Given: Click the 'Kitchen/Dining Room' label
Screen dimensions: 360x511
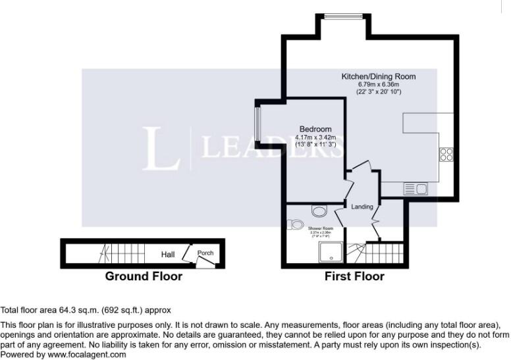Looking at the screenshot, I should pyautogui.click(x=378, y=76).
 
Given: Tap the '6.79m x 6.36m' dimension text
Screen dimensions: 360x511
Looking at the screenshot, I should pyautogui.click(x=378, y=84).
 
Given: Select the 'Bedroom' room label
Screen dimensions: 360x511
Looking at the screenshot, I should pyautogui.click(x=315, y=128).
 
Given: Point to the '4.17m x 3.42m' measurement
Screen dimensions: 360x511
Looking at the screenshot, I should pyautogui.click(x=315, y=136).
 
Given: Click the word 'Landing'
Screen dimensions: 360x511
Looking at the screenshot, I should pyautogui.click(x=362, y=207).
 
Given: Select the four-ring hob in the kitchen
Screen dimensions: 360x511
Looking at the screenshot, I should pyautogui.click(x=446, y=155).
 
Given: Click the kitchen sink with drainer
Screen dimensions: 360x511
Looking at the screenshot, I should pyautogui.click(x=416, y=190).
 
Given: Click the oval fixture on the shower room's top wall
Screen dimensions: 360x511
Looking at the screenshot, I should pyautogui.click(x=319, y=211).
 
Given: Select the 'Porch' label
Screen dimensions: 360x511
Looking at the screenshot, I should pyautogui.click(x=205, y=253).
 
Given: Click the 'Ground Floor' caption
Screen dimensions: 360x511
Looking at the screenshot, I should pyautogui.click(x=144, y=276).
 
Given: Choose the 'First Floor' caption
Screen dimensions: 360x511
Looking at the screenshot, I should pyautogui.click(x=354, y=276).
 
